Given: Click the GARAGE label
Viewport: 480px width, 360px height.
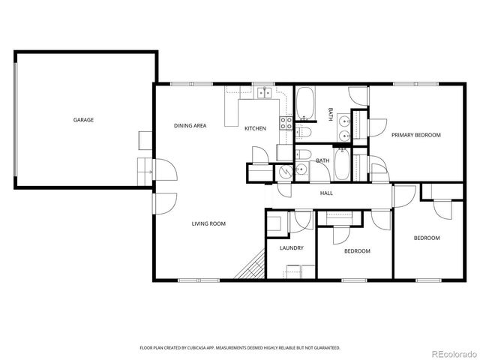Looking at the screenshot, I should pyautogui.click(x=83, y=120).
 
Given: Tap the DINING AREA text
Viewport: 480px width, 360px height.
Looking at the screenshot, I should pyautogui.click(x=190, y=125).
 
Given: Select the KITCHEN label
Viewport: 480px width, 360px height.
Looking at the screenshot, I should pyautogui.click(x=255, y=128).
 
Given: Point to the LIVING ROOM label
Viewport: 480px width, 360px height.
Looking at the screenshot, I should pyautogui.click(x=208, y=223).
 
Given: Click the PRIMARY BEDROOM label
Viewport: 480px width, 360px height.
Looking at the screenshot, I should pyautogui.click(x=415, y=135).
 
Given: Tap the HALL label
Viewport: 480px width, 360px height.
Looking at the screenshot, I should pyautogui.click(x=326, y=193).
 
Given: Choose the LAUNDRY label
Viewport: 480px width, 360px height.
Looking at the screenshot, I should pyautogui.click(x=291, y=247).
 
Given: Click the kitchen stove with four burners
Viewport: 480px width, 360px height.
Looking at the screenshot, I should pyautogui.click(x=286, y=123).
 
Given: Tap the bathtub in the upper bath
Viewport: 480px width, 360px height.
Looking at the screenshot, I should pyautogui.click(x=306, y=104).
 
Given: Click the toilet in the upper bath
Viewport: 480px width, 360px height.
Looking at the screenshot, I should pyautogui.click(x=304, y=133).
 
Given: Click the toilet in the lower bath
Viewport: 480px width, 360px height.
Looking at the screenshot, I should pyautogui.click(x=303, y=155).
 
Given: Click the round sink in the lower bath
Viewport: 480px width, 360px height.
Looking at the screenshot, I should pyautogui.click(x=301, y=171).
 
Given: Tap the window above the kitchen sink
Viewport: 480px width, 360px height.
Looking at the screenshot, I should pyautogui.click(x=262, y=83).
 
